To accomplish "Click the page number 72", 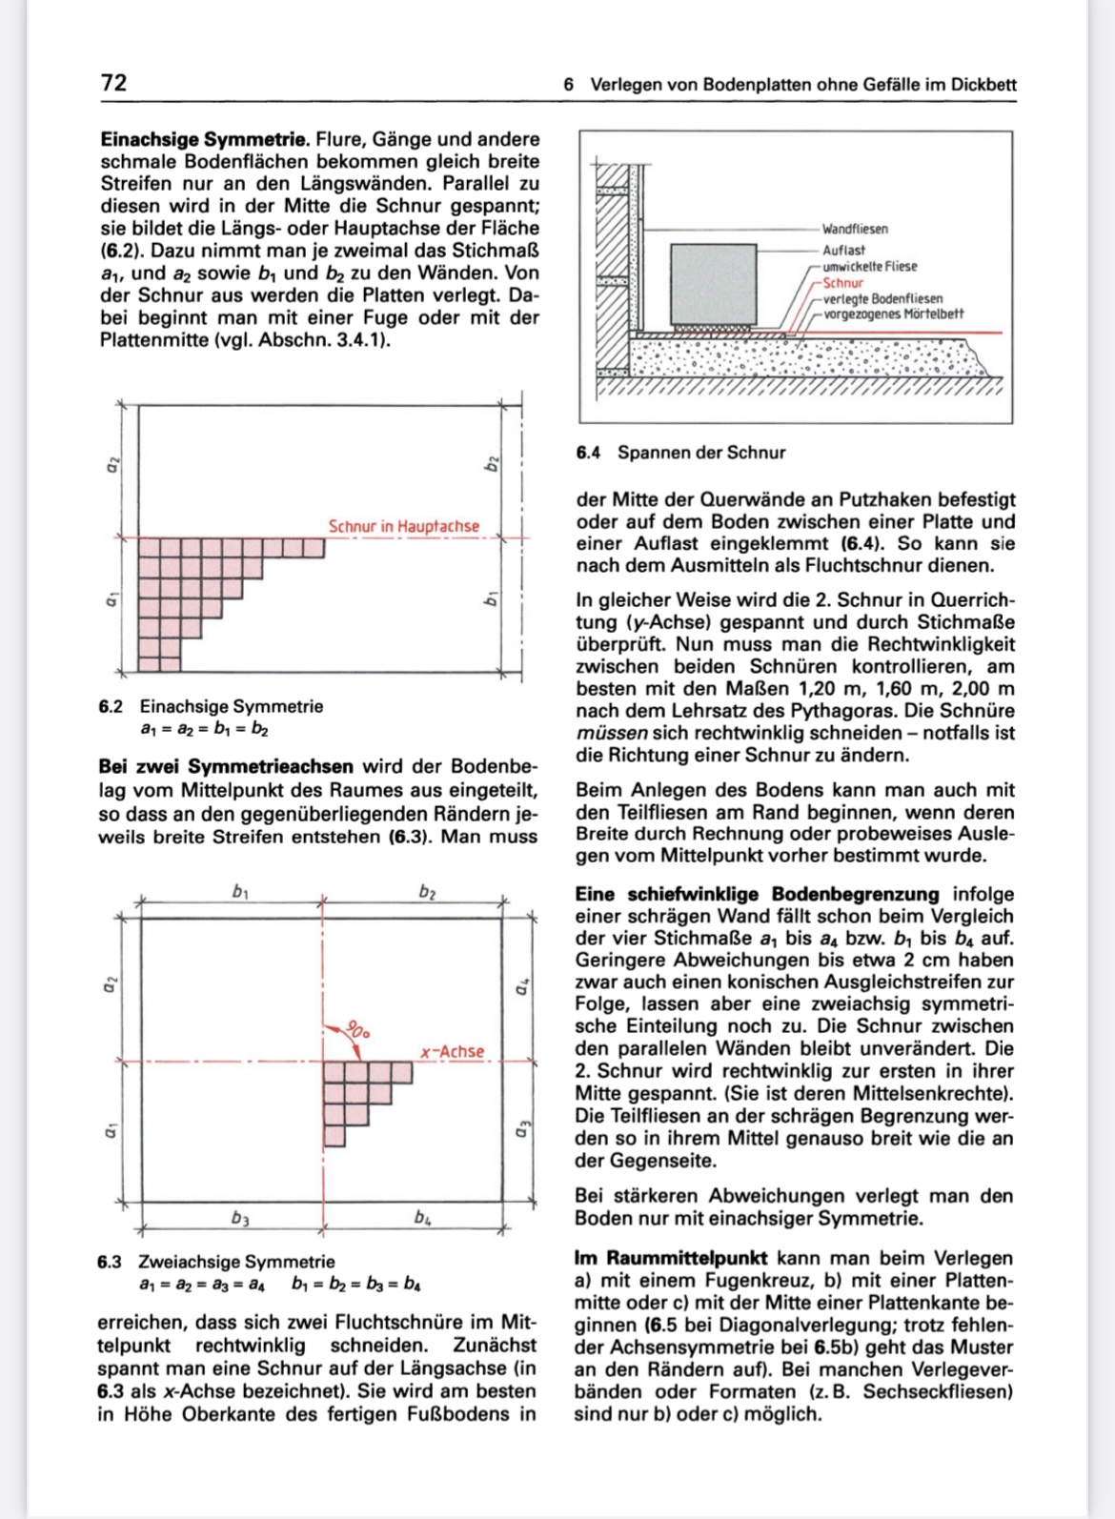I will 113,83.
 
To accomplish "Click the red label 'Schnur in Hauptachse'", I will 403,527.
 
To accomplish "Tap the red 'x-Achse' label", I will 452,1052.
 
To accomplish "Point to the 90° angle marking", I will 356,1030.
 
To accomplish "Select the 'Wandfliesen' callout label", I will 855,230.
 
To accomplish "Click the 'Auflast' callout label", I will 843,250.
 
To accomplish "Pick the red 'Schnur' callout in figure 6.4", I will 842,283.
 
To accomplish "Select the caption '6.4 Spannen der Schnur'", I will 680,453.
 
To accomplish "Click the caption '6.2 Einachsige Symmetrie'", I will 211,707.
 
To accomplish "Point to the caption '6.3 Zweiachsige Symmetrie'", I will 216,1262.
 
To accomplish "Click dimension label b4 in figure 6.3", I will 423,1218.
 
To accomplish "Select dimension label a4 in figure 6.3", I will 521,987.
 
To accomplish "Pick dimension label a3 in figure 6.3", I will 521,1130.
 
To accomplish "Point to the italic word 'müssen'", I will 611,734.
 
